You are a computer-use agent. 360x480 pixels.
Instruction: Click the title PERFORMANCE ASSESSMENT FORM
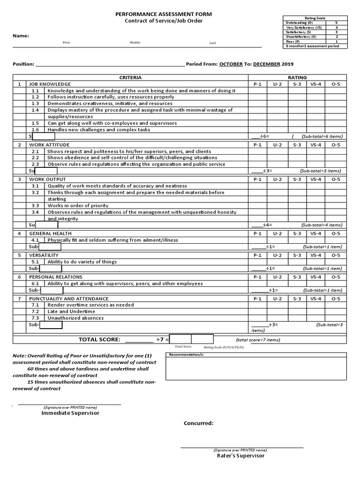(x=164, y=15)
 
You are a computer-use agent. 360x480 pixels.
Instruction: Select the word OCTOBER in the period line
(x=231, y=64)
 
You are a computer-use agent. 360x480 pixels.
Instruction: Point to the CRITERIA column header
(x=130, y=77)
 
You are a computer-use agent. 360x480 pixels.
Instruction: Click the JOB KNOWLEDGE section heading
(x=50, y=84)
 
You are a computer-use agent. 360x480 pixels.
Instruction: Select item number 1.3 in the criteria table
(x=35, y=104)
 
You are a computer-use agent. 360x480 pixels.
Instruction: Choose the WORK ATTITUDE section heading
(x=47, y=145)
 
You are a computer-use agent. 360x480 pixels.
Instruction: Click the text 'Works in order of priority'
(x=78, y=206)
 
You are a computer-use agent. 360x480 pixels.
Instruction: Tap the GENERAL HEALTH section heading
(x=51, y=233)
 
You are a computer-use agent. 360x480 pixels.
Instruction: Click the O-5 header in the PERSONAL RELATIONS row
(x=336, y=277)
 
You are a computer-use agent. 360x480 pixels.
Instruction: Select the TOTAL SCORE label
(x=99, y=339)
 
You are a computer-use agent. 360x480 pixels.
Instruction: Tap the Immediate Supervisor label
(x=70, y=413)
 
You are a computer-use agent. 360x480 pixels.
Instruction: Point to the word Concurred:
(x=198, y=423)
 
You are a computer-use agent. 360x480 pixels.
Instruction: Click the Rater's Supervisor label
(x=240, y=456)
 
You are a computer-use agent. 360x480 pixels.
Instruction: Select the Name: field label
(x=21, y=36)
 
